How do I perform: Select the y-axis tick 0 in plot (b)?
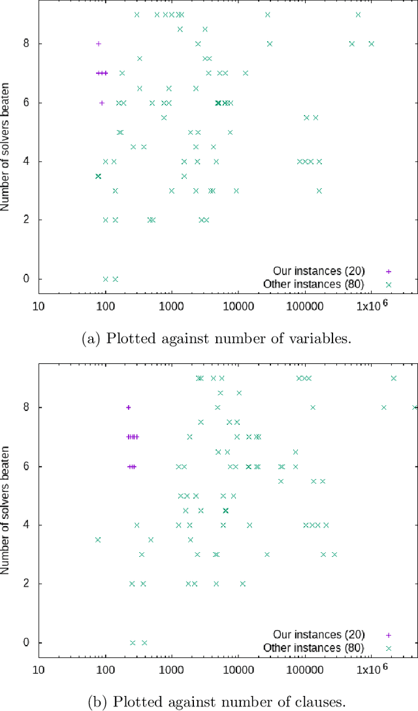pyautogui.click(x=25, y=642)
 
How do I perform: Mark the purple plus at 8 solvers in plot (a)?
pyautogui.click(x=99, y=44)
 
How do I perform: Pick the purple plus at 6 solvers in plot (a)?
pyautogui.click(x=102, y=103)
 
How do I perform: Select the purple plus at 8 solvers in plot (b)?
pyautogui.click(x=129, y=407)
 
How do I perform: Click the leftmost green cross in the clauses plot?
pyautogui.click(x=98, y=539)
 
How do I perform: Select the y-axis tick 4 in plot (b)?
pyautogui.click(x=25, y=525)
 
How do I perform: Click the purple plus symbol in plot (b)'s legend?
pyautogui.click(x=389, y=635)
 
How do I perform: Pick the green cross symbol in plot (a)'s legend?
pyautogui.click(x=389, y=284)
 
